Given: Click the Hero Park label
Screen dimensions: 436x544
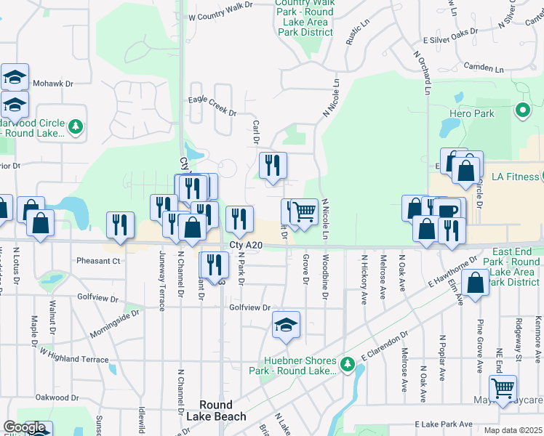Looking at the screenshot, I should [x=472, y=113].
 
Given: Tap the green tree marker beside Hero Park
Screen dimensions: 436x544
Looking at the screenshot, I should [x=521, y=111].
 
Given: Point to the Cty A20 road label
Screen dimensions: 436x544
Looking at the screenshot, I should [x=245, y=246].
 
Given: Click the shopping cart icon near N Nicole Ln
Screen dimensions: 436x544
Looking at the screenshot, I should [x=305, y=211].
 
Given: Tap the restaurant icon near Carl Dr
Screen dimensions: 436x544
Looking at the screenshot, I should [x=273, y=166].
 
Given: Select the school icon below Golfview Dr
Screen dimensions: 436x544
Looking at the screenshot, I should [x=287, y=325].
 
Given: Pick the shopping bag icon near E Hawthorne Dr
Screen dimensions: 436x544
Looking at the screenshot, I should [x=475, y=283].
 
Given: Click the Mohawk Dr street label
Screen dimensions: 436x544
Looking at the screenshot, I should [x=58, y=84].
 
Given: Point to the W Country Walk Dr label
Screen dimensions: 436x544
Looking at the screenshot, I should [x=220, y=11].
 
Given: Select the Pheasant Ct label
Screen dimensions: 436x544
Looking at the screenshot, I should [x=98, y=260].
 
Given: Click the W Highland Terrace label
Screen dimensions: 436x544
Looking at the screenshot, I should [x=74, y=356].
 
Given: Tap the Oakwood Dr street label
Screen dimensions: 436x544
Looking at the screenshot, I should [x=57, y=398].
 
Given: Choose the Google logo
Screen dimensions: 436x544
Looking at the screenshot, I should [x=25, y=427].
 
